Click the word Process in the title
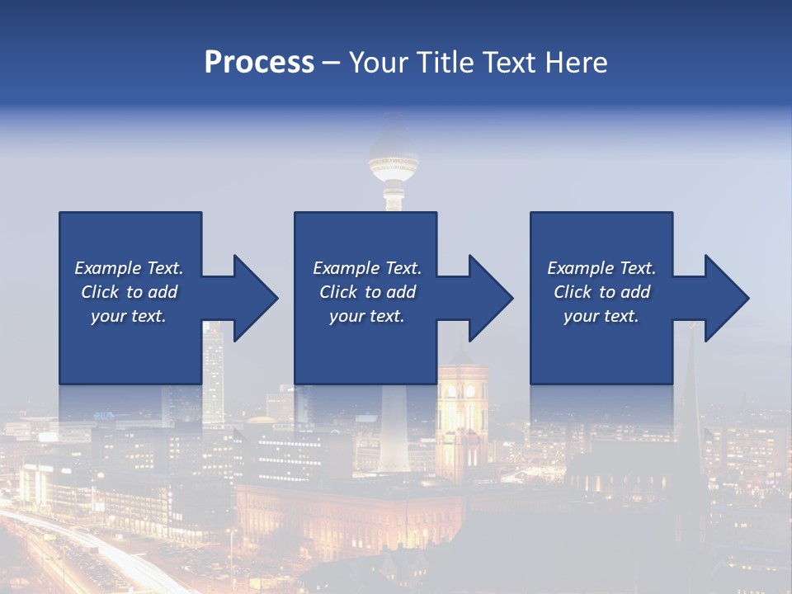click(259, 63)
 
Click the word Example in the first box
click(107, 268)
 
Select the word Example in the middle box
click(346, 268)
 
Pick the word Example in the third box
click(580, 268)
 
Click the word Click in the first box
click(101, 292)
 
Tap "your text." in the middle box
click(366, 316)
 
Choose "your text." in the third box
click(601, 316)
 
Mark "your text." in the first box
click(129, 316)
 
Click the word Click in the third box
click(573, 292)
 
